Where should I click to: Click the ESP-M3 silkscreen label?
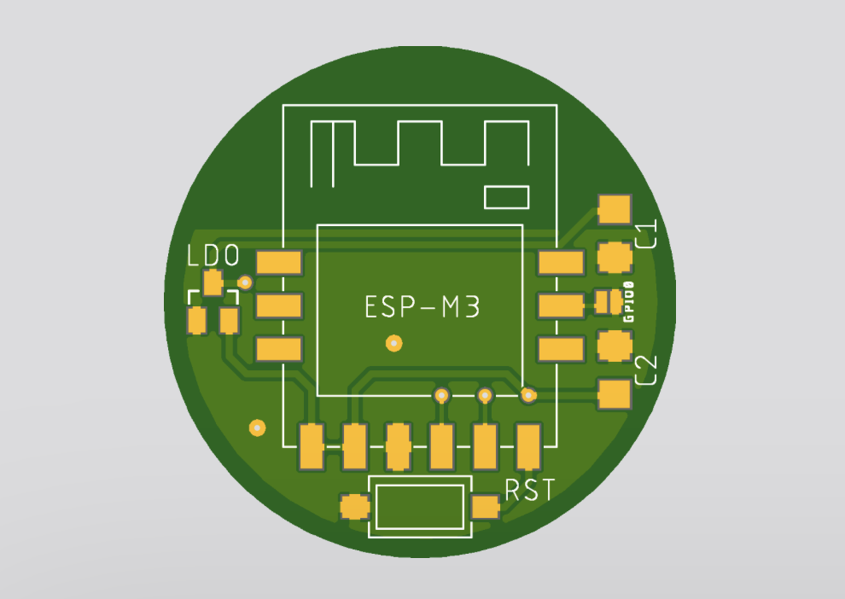coord(422,307)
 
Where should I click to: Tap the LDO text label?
coord(213,255)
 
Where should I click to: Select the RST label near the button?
coord(530,490)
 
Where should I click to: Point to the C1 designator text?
coord(646,233)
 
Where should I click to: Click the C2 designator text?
coord(646,370)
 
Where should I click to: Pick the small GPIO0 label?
coord(628,302)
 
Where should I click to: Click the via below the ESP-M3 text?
coord(394,343)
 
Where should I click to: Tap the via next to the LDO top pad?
coord(245,282)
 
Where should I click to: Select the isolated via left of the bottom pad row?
coord(258,427)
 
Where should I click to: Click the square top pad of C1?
coord(615,209)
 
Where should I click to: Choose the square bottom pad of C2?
coord(615,393)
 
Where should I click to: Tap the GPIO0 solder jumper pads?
coord(609,302)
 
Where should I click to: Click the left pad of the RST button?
coord(354,507)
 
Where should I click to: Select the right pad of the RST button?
coord(485,507)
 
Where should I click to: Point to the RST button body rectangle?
coord(420,507)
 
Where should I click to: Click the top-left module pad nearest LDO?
coord(278,262)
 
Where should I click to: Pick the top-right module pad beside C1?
coord(561,262)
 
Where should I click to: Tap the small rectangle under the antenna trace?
coord(506,197)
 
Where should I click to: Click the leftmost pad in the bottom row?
coord(312,446)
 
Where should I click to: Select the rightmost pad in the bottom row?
coord(528,446)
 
